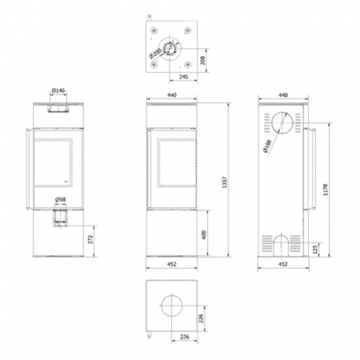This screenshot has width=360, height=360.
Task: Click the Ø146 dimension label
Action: point(58,92)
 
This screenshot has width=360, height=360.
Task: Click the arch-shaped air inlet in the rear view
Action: point(281,242)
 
